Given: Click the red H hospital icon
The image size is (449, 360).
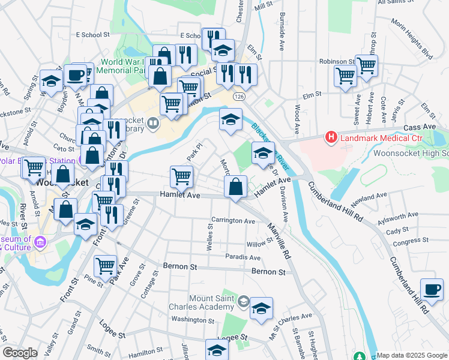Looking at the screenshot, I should coord(330,138).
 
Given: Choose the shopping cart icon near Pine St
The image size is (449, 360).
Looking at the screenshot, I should coord(106,265).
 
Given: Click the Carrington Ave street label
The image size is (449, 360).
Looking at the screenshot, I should coord(233,221).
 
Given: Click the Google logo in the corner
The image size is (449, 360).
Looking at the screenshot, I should coord(20,353).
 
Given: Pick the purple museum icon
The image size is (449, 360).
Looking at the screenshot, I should coord(40,242).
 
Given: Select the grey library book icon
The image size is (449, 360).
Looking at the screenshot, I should coord(154,124).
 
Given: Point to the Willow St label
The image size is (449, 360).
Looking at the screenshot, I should coord(259,244).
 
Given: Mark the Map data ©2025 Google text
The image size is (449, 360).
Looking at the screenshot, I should coord(412,355).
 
